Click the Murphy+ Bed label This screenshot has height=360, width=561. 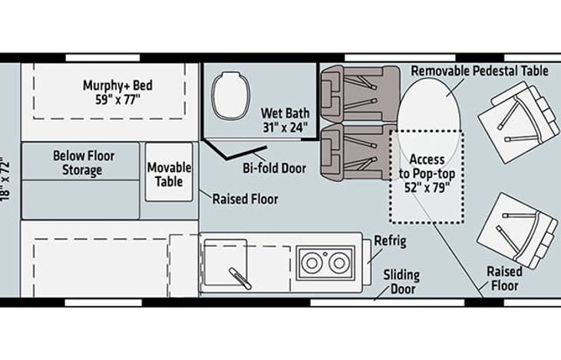(x=113, y=85)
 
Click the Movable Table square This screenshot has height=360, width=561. (x=169, y=173)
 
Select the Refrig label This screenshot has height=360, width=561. (x=389, y=242)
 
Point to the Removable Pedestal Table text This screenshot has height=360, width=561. (x=480, y=71)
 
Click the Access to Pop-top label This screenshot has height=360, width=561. (x=427, y=172)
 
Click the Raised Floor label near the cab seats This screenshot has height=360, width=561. (x=503, y=278)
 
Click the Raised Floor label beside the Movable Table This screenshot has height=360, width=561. (x=245, y=199)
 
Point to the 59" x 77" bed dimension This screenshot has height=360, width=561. (x=113, y=99)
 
